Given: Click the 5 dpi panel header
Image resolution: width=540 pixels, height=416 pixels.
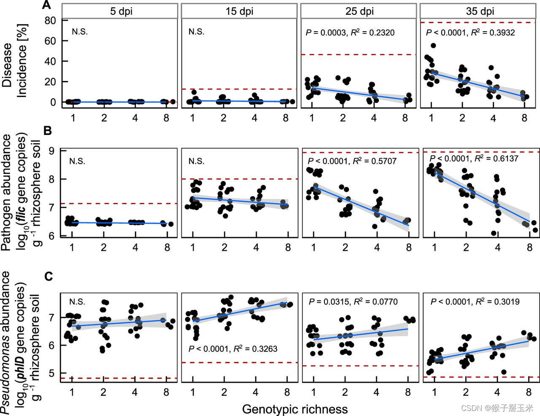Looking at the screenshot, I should pos(121,11).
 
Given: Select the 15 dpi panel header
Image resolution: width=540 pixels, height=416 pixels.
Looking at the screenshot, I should pos(239,11).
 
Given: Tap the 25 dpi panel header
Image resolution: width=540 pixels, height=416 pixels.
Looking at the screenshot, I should pos(359,11).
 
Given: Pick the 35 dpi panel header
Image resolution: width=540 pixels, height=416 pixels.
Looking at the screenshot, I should pos(480,11).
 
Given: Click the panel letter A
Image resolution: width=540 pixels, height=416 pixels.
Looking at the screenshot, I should pos(47,5).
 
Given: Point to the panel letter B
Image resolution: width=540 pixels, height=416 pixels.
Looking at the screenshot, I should pos(47,131).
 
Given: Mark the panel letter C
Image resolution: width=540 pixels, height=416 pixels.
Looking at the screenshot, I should pos(49,276).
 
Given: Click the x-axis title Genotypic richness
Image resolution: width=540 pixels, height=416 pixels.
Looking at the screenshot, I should pos(294,409).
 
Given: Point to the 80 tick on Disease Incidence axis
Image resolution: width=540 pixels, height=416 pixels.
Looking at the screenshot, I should pos(50,20).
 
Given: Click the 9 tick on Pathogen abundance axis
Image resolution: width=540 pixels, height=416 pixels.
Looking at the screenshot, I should pos(51,151).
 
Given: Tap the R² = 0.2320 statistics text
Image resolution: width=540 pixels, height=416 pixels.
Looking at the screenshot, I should pos(373,32).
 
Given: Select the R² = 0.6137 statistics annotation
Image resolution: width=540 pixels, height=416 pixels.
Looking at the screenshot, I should pos(496,158).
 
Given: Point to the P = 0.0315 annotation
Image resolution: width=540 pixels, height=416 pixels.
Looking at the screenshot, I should pos(329,302).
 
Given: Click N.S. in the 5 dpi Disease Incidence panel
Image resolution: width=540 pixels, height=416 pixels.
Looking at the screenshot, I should pos(80,32).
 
